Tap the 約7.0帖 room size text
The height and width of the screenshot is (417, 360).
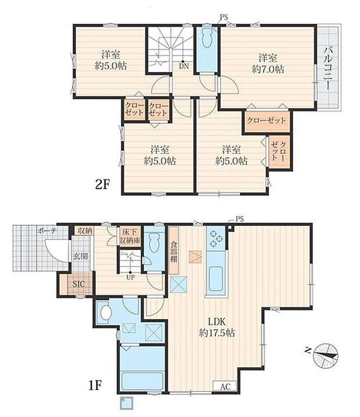[268, 69]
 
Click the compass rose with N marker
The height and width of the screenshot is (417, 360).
[324, 355]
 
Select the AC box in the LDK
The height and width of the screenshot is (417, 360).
[225, 387]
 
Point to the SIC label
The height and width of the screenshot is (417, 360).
[79, 284]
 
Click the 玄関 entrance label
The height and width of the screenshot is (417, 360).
[81, 257]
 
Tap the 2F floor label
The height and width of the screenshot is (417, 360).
[102, 185]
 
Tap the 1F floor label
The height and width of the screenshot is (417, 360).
[95, 386]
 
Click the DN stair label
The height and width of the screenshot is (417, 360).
[183, 66]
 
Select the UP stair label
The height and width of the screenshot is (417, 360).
[130, 278]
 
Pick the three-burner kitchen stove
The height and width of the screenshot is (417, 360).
[215, 239]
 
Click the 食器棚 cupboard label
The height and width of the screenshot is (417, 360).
[174, 251]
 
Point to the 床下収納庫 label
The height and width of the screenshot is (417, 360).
[130, 236]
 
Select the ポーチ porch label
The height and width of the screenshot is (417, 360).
[47, 231]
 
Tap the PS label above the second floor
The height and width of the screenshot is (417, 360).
[224, 17]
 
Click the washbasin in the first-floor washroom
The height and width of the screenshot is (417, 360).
[105, 312]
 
